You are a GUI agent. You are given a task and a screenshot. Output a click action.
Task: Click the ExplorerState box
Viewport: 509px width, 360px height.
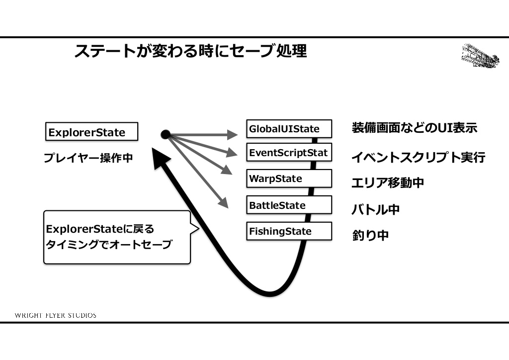91,132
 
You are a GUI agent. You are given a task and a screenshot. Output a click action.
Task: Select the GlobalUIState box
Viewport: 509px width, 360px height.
289,129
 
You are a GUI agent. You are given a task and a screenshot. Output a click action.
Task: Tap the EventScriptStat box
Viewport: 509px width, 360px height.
289,153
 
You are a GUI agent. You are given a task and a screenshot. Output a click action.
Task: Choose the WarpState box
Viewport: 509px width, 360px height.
289,179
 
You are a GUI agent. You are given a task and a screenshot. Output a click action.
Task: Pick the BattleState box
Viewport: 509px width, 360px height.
289,205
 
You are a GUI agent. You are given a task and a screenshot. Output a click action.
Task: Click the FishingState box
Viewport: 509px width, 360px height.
289,231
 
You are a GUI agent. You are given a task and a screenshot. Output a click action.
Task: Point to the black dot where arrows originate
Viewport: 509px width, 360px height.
166,134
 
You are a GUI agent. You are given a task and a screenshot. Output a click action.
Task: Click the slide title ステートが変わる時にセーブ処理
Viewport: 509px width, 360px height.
190,51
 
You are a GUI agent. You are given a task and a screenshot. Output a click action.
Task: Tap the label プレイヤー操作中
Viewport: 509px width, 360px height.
88,159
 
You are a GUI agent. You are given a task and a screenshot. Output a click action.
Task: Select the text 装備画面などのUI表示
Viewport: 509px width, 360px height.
414,128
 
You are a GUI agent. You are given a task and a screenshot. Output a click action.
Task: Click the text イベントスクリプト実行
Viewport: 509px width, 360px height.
418,158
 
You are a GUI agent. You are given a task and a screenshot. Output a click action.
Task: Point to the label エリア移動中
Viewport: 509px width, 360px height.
387,182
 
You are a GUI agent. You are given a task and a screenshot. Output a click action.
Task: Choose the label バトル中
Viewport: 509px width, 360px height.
375,209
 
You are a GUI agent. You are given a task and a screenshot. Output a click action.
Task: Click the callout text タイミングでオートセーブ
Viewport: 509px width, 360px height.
108,245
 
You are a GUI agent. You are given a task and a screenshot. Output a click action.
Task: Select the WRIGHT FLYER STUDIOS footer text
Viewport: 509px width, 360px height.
56,315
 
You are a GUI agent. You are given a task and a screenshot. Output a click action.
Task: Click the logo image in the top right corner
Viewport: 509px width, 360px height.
480,56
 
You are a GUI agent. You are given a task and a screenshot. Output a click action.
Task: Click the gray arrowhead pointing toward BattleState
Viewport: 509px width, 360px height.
223,202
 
